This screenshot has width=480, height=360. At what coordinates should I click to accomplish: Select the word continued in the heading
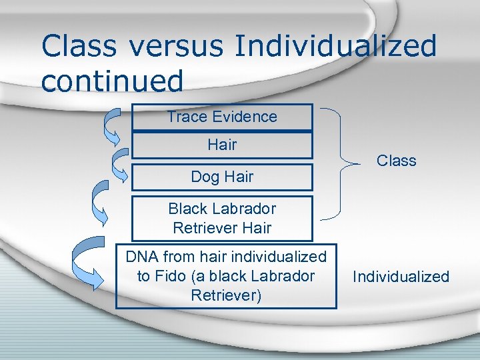(x=111, y=81)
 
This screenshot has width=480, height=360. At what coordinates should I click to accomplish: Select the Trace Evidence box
(x=222, y=117)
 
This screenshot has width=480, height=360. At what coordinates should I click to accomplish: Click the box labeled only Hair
(x=222, y=145)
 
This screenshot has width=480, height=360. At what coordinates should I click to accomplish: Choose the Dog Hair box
(x=222, y=177)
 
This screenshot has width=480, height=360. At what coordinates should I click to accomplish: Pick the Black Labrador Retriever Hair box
(x=222, y=218)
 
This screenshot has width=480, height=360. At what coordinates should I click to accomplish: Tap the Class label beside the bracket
(x=396, y=161)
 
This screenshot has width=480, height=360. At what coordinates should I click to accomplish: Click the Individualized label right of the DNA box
(x=401, y=277)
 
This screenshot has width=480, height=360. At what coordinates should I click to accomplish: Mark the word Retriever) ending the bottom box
(x=225, y=295)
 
